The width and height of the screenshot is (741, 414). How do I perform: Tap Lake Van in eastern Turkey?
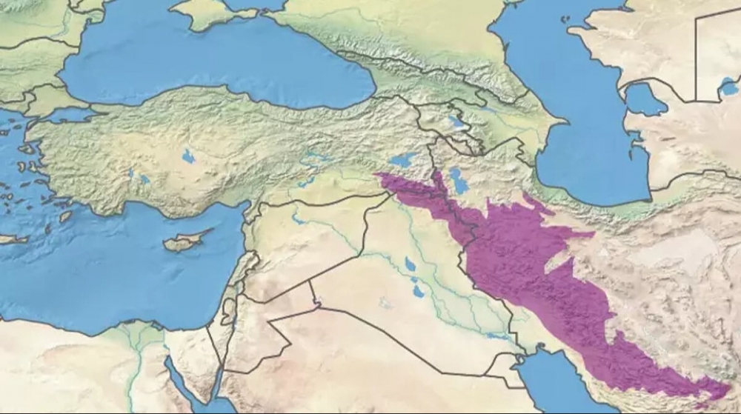402,159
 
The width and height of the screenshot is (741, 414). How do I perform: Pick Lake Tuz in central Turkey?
188,156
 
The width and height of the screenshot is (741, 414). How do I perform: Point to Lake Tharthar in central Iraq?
409,264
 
